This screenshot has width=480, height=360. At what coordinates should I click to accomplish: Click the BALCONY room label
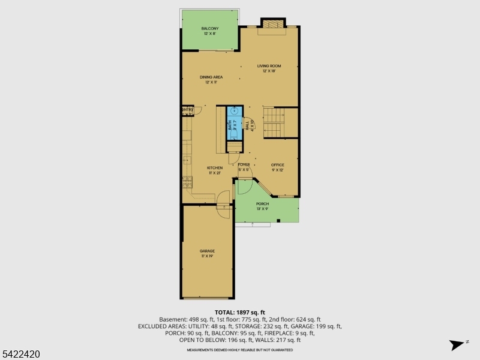coord(210,28)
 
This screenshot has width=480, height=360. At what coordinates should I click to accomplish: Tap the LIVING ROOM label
coord(269,66)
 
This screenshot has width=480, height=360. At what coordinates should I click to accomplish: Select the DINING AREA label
coord(211,77)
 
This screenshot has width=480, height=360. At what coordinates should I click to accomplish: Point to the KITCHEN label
coord(215,168)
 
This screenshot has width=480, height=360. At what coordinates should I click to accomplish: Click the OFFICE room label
coord(277,164)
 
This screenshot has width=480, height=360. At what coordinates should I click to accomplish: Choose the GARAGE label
coord(207,251)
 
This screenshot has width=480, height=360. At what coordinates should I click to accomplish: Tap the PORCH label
coord(263,204)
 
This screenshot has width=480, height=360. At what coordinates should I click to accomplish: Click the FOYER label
coord(244,164)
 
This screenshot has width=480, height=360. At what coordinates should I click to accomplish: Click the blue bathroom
coord(233,123)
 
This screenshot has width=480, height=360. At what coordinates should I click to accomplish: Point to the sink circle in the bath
coord(233,110)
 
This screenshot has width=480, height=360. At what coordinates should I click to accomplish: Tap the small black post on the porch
coord(279,221)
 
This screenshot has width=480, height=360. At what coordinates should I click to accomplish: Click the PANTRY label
coord(187,110)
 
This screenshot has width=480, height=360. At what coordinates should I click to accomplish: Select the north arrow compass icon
coord(458,344)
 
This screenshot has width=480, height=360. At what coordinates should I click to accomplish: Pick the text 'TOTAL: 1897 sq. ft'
coord(240,312)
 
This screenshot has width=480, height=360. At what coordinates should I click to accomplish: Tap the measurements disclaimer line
coord(240,349)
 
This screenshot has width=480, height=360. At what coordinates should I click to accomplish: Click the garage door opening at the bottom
coord(208,298)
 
